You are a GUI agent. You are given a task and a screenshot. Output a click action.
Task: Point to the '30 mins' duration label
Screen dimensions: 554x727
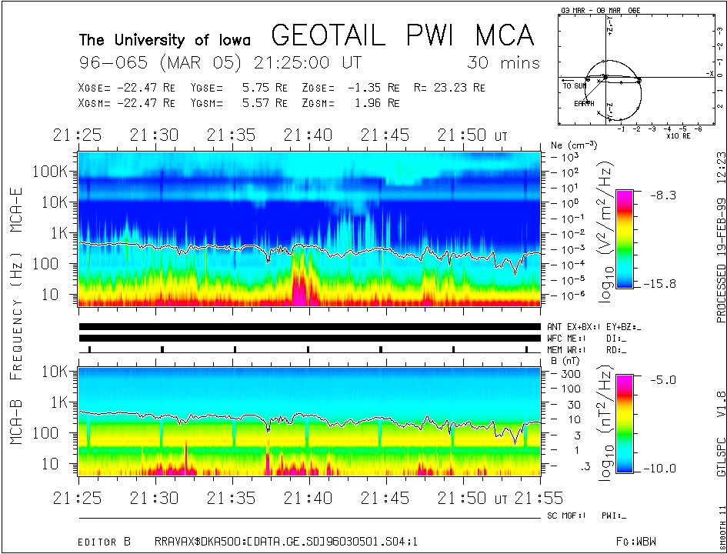tap(503, 63)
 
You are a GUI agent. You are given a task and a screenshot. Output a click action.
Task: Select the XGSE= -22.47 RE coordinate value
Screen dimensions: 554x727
tap(127, 88)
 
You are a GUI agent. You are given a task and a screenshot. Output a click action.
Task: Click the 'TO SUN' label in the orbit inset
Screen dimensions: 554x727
tap(575, 86)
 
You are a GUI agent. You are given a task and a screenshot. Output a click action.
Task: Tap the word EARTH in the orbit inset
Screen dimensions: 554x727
tap(584, 103)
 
